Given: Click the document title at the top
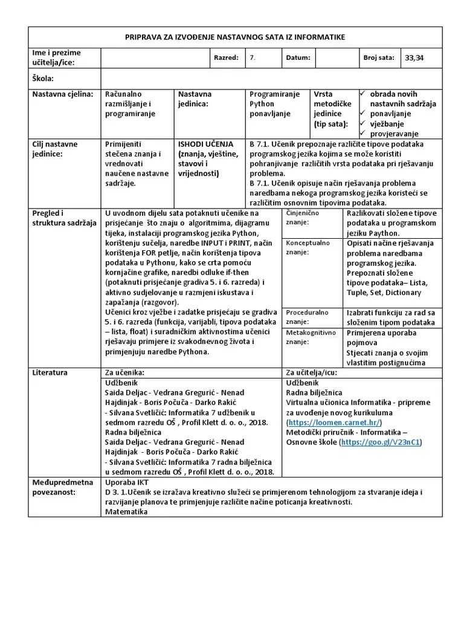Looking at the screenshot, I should click(234, 37).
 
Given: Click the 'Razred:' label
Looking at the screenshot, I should click(227, 58).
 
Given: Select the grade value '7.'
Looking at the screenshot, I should click(253, 58).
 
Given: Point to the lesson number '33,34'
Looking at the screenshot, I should click(414, 58).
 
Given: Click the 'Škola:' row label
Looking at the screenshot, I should click(43, 79).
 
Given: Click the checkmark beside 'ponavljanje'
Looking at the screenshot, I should click(362, 114).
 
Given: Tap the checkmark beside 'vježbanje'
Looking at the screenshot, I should click(362, 123).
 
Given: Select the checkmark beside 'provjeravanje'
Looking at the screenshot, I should click(362, 133).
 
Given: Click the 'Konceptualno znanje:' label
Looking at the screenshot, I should click(308, 247).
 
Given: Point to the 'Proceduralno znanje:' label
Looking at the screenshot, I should click(307, 317).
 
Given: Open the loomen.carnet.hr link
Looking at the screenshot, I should click(335, 422).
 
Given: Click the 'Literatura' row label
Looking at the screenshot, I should click(50, 372).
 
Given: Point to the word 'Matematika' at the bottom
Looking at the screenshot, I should click(126, 511).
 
